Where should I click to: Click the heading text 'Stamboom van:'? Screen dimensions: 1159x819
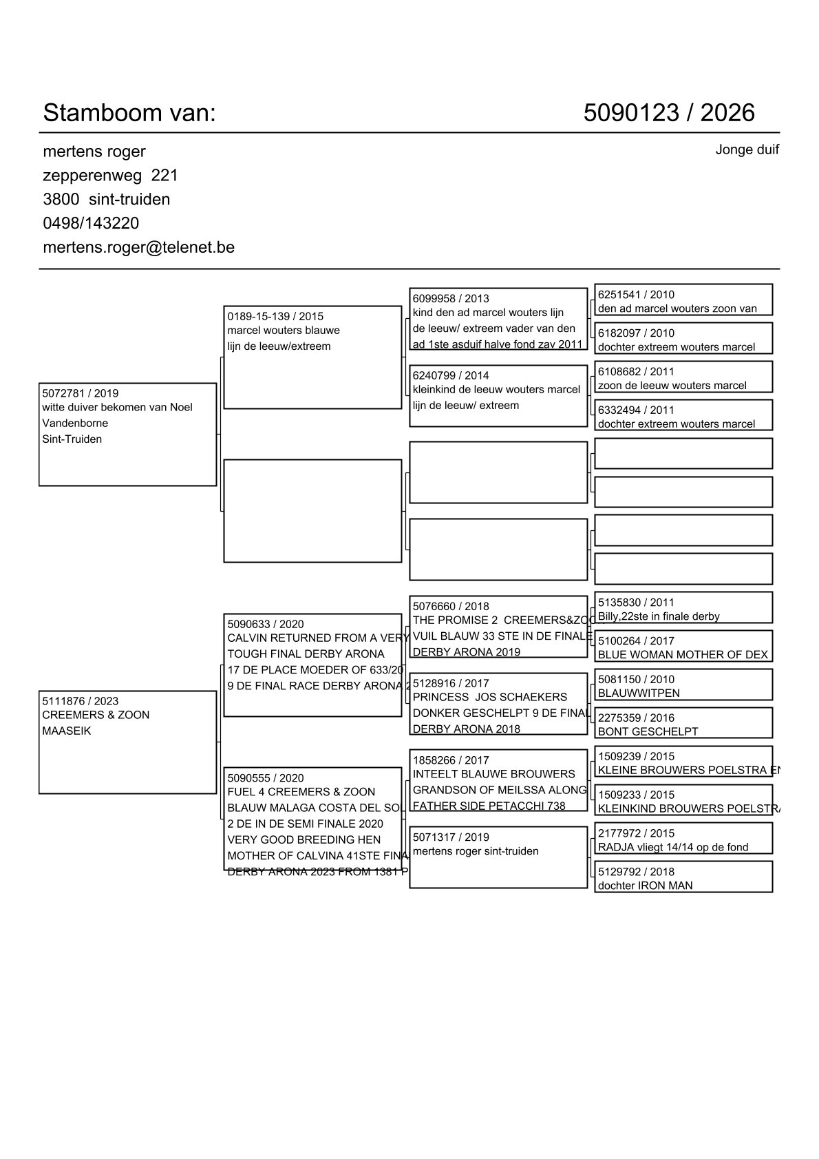point(129,113)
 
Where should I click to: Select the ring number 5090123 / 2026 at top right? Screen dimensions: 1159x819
point(669,113)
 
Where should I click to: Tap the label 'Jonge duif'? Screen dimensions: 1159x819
point(747,149)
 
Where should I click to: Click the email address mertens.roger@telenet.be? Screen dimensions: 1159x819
point(138,247)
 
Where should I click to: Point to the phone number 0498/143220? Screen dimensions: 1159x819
point(91,223)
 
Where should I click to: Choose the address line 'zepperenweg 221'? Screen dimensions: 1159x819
point(110,176)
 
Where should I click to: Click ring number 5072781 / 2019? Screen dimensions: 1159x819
point(80,393)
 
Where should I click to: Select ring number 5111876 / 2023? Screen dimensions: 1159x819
point(80,701)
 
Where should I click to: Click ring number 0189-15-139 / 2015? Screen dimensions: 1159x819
point(275,317)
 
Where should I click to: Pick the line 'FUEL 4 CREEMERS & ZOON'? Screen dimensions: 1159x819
point(301,792)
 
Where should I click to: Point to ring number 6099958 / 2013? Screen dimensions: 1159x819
point(451,298)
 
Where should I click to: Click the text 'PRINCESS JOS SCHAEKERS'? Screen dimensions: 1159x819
point(490,697)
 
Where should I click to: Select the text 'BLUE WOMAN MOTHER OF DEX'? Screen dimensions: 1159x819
point(682,655)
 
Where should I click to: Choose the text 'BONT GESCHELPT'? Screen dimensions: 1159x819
point(648,732)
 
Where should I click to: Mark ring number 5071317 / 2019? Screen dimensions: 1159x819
point(451,837)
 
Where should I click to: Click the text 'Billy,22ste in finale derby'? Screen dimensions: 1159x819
point(659,616)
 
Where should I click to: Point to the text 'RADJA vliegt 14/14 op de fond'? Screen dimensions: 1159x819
point(672,847)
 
